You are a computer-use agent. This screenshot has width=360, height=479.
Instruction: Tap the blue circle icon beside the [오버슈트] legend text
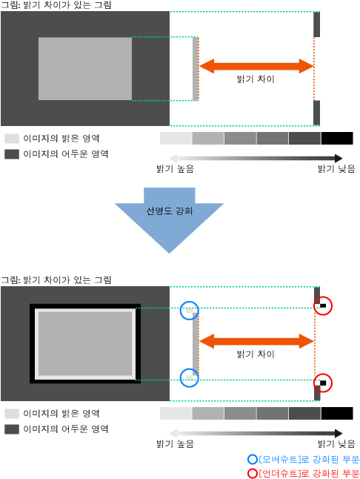pos(253,460)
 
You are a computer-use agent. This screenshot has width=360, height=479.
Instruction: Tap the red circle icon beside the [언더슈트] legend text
pos(253,473)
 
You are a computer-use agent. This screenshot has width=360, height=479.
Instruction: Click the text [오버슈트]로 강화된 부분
pos(309,460)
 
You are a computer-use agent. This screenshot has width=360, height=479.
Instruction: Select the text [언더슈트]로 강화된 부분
pos(309,473)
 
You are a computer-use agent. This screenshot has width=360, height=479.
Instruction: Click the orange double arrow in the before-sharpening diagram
pos(256,66)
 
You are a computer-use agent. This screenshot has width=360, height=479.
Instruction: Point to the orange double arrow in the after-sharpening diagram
pos(256,341)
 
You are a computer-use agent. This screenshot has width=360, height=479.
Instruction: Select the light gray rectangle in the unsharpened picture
pos(85,69)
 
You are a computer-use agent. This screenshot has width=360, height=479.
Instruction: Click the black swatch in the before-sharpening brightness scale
pos(337,138)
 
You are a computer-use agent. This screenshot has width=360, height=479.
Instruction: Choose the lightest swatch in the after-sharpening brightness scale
pos(176,413)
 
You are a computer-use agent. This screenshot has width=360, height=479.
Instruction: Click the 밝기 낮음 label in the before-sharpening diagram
pos(336,168)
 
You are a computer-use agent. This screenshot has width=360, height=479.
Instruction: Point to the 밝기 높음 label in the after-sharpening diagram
pos(175,443)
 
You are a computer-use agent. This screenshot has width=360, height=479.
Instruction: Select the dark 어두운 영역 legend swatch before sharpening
pos(12,154)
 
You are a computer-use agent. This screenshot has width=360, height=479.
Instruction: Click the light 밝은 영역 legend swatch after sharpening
pos(12,414)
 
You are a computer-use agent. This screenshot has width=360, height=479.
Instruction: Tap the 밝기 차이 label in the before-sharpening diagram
pos(256,79)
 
